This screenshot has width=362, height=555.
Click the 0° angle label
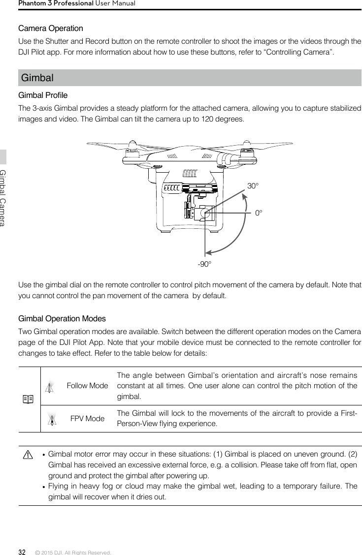click(259, 214)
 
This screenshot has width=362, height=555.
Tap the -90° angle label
click(204, 264)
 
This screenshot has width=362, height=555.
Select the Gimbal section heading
click(37, 78)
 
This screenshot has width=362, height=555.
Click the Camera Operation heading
click(50, 29)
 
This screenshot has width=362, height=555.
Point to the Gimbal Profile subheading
click(43, 95)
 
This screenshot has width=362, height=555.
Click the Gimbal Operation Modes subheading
click(62, 319)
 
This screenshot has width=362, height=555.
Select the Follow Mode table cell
click(87, 386)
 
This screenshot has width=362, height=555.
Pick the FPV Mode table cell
click(87, 419)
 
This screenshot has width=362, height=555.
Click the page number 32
click(22, 552)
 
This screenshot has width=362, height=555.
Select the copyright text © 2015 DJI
click(73, 553)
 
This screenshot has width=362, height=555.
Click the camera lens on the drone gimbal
click(202, 214)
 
